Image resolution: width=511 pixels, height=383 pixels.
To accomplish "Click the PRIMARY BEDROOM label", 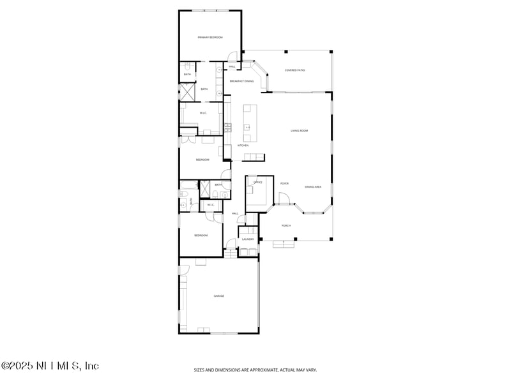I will point(210,38).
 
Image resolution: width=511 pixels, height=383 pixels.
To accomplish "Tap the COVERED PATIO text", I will point(294,70).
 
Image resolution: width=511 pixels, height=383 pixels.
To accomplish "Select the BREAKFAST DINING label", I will point(241,82).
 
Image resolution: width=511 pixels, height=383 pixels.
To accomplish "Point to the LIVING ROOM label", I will point(300,131).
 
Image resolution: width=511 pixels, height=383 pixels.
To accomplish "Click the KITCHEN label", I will point(243,146).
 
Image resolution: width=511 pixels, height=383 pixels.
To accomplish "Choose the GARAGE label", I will point(218,296).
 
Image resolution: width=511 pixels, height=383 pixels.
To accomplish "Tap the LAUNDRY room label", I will point(248,240).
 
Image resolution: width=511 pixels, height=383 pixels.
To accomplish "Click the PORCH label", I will point(286,225).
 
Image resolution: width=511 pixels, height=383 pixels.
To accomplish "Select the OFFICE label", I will point(258,183).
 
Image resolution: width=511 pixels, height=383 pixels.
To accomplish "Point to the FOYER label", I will point(284,184).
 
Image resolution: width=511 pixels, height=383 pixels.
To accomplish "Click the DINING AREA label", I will point(313,187).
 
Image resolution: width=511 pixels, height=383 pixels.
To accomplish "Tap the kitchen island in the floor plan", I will point(249,124).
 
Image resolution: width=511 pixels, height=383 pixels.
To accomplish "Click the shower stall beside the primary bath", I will point(187,92).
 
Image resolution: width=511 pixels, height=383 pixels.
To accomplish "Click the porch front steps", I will point(284,243).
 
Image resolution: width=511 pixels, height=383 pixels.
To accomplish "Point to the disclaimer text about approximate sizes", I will point(256,370).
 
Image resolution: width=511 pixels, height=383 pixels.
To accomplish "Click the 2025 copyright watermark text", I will point(50,366).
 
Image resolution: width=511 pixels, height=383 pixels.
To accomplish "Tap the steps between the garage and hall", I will point(230,253).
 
